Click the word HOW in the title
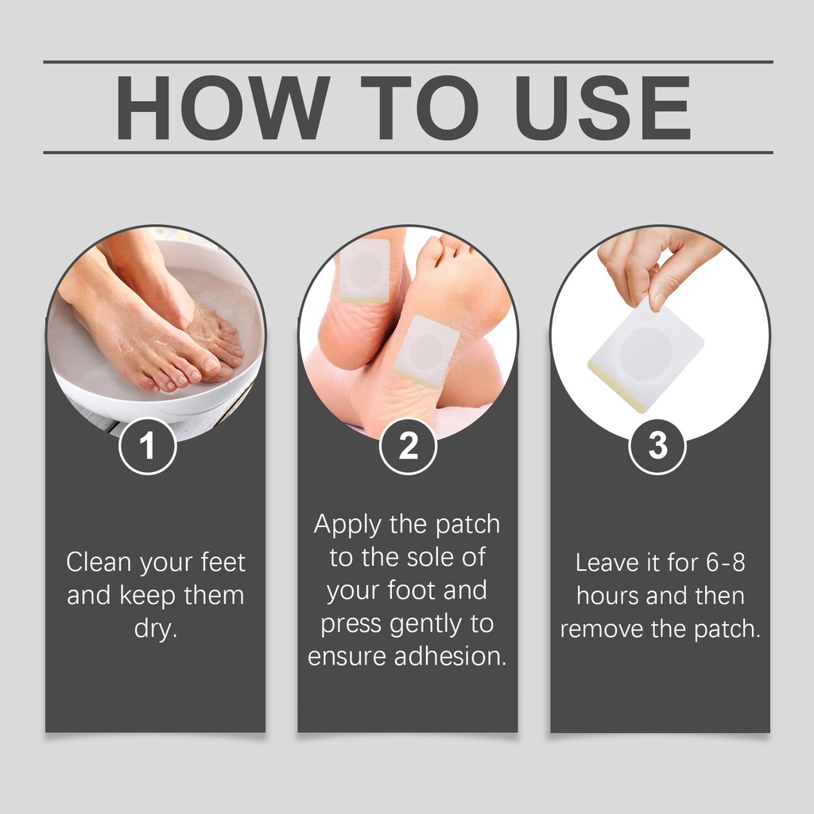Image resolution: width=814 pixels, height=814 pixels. [223, 107]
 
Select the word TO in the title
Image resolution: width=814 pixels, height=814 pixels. [420, 107]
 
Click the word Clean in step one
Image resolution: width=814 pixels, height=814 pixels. [99, 562]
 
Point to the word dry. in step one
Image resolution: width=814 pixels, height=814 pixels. [156, 629]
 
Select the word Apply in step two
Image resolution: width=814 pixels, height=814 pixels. [347, 525]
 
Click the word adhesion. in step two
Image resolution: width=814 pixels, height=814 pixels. [450, 656]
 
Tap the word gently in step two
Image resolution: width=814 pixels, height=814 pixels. [425, 625]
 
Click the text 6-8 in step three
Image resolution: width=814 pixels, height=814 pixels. [725, 563]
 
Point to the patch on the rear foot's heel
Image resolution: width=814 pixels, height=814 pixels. [364, 270]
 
